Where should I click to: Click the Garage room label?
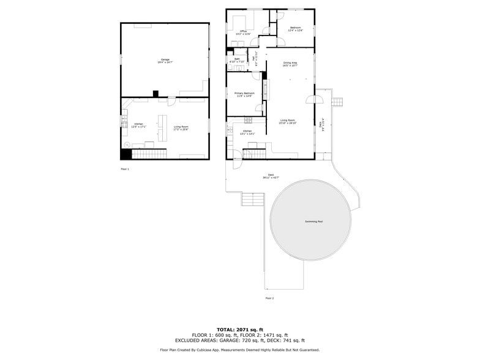pyautogui.click(x=165, y=60)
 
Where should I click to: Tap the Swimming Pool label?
pyautogui.click(x=313, y=221)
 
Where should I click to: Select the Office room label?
pyautogui.click(x=243, y=32)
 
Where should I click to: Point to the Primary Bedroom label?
pyautogui.click(x=244, y=94)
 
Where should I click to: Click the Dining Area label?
pyautogui.click(x=290, y=64)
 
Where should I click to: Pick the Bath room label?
pyautogui.click(x=237, y=60)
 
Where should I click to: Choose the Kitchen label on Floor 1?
pyautogui.click(x=139, y=126)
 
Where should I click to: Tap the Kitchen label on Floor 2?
pyautogui.click(x=247, y=132)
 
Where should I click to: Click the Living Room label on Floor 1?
pyautogui.click(x=181, y=127)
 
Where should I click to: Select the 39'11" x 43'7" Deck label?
pyautogui.click(x=271, y=176)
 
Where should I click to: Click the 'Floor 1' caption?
pyautogui.click(x=125, y=168)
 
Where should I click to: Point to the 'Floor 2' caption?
pyautogui.click(x=269, y=298)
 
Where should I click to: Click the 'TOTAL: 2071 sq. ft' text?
pyautogui.click(x=239, y=329)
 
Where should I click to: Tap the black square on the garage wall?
pyautogui.click(x=156, y=94)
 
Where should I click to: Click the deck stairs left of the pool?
pyautogui.click(x=253, y=200)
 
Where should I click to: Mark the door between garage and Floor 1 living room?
pyautogui.click(x=171, y=100)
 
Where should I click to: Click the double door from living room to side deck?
pyautogui.click(x=318, y=99)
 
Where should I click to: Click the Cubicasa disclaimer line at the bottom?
pyautogui.click(x=239, y=350)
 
